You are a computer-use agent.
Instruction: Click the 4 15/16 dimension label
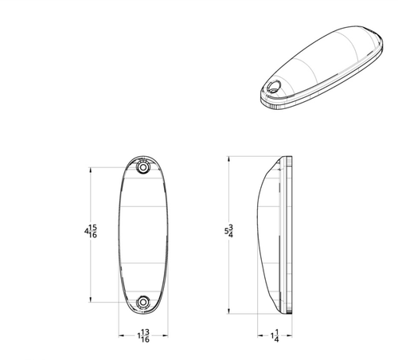pyautogui.click(x=91, y=231)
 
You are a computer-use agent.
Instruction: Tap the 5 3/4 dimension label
pyautogui.click(x=229, y=231)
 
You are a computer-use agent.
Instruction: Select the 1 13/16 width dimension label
pyautogui.click(x=143, y=336)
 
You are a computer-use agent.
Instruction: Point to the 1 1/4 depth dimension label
pyautogui.click(x=275, y=336)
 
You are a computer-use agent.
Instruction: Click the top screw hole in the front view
pyautogui.click(x=143, y=167)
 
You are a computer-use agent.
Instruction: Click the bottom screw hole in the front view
pyautogui.click(x=143, y=302)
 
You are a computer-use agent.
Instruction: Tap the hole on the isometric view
pyautogui.click(x=274, y=87)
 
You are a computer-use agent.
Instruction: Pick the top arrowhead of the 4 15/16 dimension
pyautogui.click(x=91, y=170)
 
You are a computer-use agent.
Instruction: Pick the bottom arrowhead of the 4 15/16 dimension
pyautogui.click(x=91, y=299)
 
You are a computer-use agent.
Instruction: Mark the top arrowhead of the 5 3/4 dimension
pyautogui.click(x=229, y=159)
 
